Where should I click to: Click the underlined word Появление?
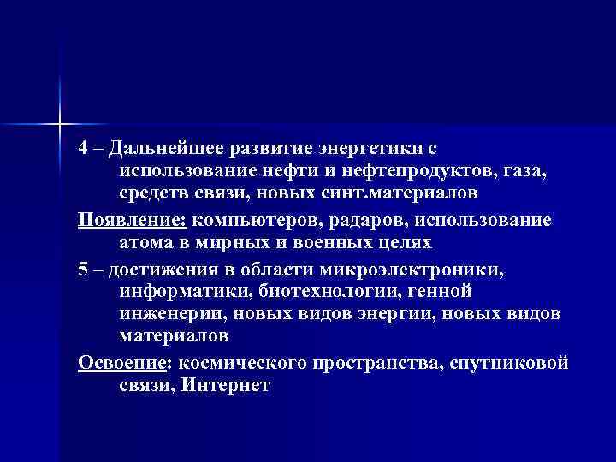coord(132,219)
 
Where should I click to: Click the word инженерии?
coord(171,314)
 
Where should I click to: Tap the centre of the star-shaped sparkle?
coord(61,124)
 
